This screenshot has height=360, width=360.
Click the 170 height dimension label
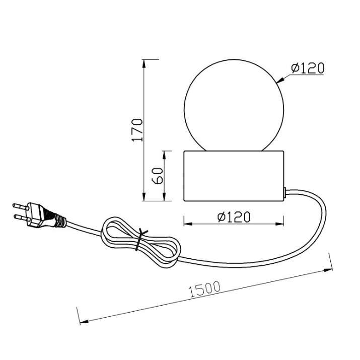137,130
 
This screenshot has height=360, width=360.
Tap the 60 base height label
158,176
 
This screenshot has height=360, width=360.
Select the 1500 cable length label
204,289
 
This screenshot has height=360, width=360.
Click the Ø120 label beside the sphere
308,68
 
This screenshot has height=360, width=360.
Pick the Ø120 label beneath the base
234,217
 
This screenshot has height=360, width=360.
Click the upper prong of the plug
21,206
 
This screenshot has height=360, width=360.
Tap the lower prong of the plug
22,217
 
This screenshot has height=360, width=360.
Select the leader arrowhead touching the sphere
280,81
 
